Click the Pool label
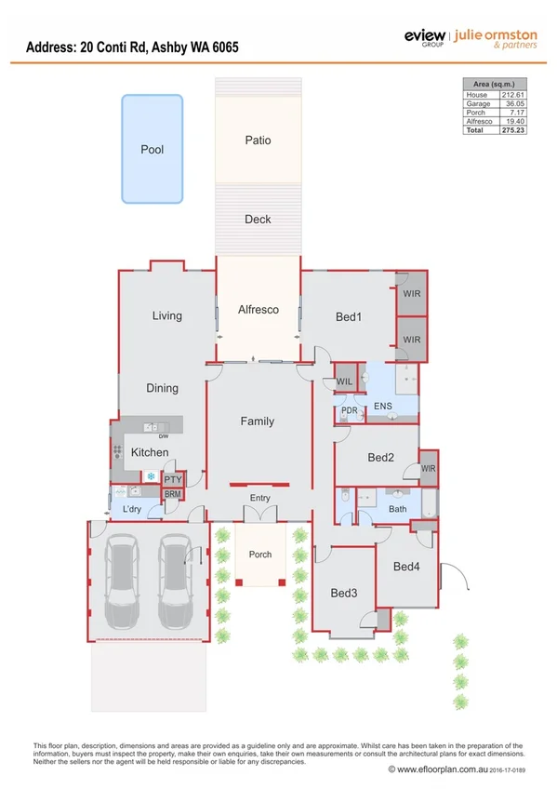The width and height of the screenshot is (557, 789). coord(152,149)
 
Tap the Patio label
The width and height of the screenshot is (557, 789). coord(258,140)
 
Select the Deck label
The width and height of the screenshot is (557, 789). coord(258,220)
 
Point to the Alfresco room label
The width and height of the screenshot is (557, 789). coord(258,309)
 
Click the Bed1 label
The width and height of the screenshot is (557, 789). coord(349,317)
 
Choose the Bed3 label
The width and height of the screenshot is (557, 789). coord(344,593)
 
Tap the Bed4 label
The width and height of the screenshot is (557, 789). coord(406,567)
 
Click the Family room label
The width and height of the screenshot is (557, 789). coord(258,421)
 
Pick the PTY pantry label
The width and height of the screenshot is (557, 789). coord(173,479)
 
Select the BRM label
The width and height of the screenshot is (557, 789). coord(173,495)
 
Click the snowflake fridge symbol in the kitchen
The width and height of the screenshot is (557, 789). coord(151,476)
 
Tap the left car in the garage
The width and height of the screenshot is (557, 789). coord(124,582)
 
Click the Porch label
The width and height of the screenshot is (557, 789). coord(260,555)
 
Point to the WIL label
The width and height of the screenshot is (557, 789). coord(344,381)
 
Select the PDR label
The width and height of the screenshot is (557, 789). coord(351,410)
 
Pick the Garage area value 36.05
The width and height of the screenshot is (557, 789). coord(512,104)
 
